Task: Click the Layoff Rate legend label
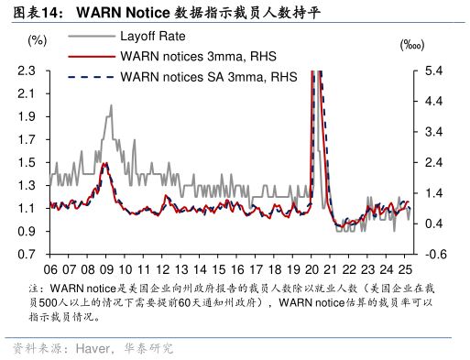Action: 153,37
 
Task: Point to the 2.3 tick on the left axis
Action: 27,71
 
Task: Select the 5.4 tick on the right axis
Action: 434,71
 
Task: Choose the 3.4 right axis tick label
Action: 434,132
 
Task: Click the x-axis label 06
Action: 51,270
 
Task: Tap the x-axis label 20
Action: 313,270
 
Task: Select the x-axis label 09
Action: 107,270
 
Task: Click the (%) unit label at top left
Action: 38,40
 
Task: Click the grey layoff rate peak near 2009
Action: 111,105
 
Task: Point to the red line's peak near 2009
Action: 104,164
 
